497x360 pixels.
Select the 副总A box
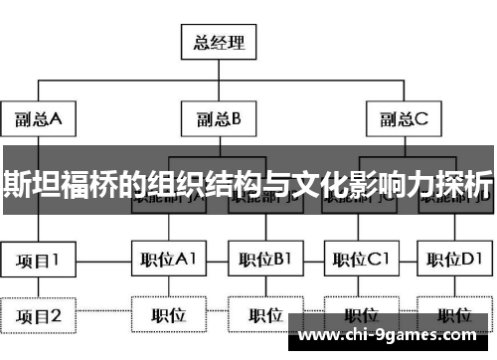(x=39, y=120)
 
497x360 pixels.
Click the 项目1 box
(x=39, y=261)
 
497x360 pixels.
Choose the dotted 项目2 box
(x=39, y=316)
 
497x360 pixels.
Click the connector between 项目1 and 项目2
(x=39, y=288)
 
